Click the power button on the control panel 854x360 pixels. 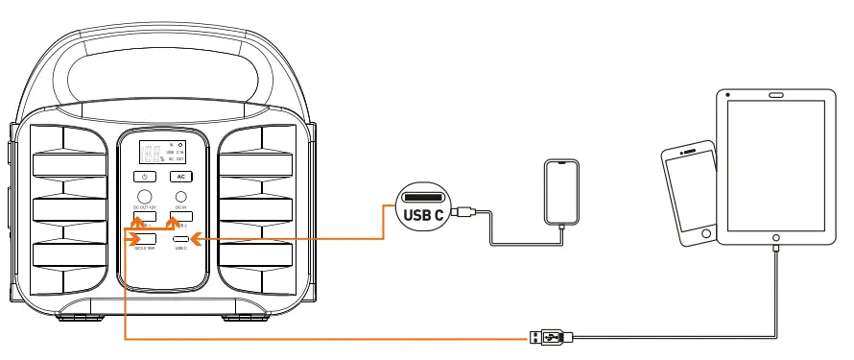point(143,177)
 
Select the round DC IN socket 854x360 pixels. point(179,198)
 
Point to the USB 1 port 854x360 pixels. point(144,217)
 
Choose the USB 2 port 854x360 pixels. point(180,217)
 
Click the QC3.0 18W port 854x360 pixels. point(146,238)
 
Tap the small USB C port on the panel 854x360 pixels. point(180,238)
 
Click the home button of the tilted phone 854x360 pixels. point(707,234)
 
